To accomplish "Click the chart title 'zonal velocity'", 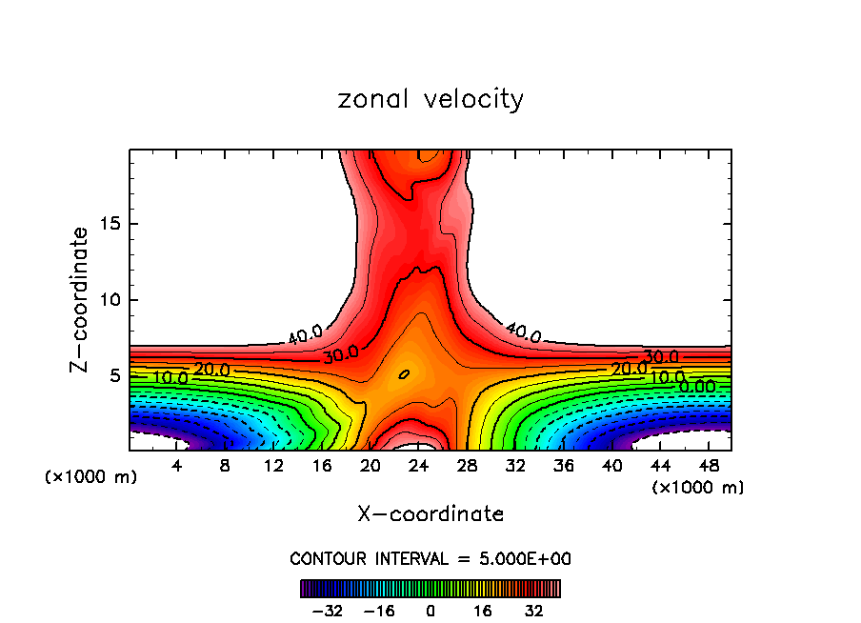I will pyautogui.click(x=430, y=99).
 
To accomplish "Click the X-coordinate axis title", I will pyautogui.click(x=430, y=514).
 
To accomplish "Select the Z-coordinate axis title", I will pyautogui.click(x=81, y=299).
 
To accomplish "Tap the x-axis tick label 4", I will pyautogui.click(x=177, y=467).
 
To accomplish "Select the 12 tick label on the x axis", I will pyautogui.click(x=273, y=467).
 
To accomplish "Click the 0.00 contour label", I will pyautogui.click(x=697, y=387).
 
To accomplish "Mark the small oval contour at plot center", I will pyautogui.click(x=404, y=374).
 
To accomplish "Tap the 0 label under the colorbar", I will pyautogui.click(x=430, y=611).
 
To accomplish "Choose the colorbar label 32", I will pyautogui.click(x=534, y=611).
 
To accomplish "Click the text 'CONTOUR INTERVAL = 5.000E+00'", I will pyautogui.click(x=430, y=558).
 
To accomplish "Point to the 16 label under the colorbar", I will pyautogui.click(x=482, y=611).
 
